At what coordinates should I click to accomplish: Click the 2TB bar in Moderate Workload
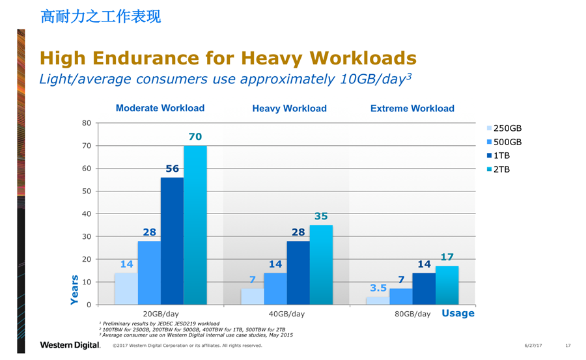pyautogui.click(x=195, y=225)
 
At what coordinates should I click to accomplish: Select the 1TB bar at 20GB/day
pyautogui.click(x=172, y=241)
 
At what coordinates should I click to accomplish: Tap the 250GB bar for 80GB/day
pyautogui.click(x=378, y=301)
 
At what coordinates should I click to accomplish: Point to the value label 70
pyautogui.click(x=195, y=137)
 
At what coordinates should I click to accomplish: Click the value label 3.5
pyautogui.click(x=379, y=287)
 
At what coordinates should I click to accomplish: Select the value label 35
pyautogui.click(x=321, y=216)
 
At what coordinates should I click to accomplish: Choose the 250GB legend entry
pyautogui.click(x=504, y=129)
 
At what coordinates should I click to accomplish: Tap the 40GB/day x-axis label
pyautogui.click(x=286, y=314)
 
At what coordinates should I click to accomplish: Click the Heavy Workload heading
pyautogui.click(x=289, y=109)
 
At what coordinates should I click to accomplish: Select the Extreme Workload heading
pyautogui.click(x=412, y=109)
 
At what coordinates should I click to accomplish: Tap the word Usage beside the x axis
pyautogui.click(x=458, y=313)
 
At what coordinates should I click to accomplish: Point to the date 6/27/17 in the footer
pyautogui.click(x=533, y=345)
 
